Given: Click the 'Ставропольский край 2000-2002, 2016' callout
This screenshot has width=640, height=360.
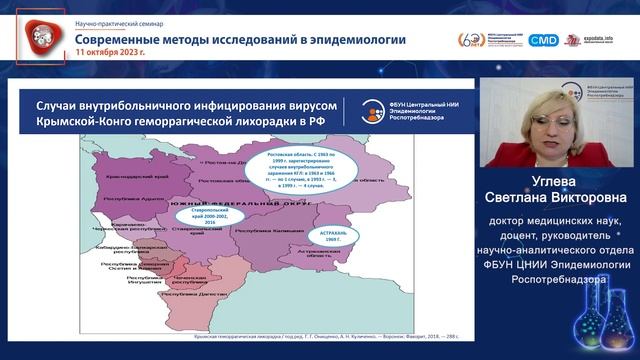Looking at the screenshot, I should (203, 215).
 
